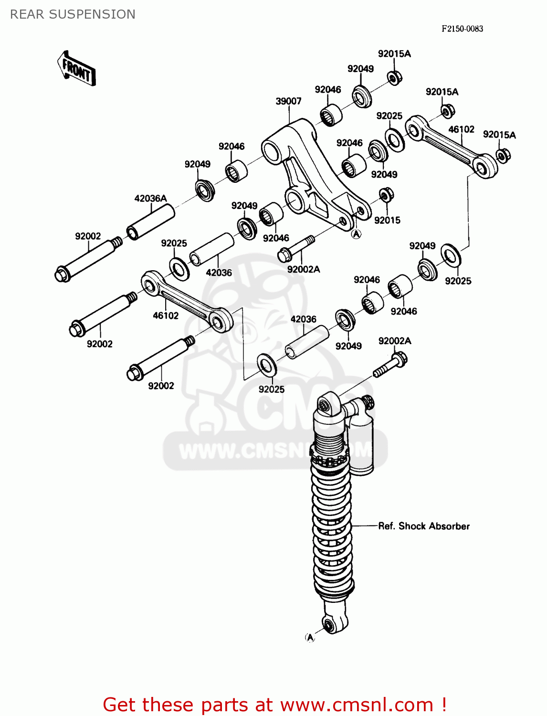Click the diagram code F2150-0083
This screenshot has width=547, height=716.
pos(462,29)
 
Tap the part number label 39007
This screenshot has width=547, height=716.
pos(288,101)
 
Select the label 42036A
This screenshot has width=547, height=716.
pos(150,198)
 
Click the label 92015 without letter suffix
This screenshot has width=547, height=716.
pos(387,220)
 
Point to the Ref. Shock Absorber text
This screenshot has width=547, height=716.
pos(423,526)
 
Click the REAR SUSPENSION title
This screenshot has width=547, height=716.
pos(73,14)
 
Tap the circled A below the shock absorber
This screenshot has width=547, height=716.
pos(310,637)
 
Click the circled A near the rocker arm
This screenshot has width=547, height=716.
pos(356,233)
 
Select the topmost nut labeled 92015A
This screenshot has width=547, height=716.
pos(394,77)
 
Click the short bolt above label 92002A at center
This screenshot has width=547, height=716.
pos(295,248)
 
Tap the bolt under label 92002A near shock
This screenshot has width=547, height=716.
pos(390,365)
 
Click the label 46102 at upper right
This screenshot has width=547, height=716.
pos(461,129)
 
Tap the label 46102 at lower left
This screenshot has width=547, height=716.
pos(165,316)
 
